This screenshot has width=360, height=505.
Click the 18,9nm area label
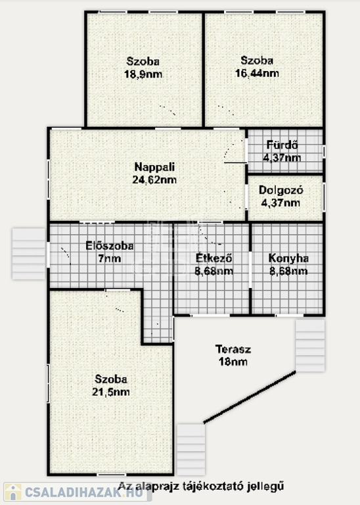coord(143,74)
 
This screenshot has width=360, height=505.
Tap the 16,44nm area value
coord(257,74)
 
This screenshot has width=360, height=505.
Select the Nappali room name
coord(154,167)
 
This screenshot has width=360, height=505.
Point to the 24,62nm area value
coord(154,180)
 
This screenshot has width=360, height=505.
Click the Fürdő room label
coord(282,145)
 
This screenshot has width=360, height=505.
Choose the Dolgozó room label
coord(281,190)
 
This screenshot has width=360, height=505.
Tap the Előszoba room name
coord(110,246)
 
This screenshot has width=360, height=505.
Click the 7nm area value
coord(110,258)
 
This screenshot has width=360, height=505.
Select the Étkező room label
coord(214,258)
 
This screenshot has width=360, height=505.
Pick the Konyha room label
coord(288,258)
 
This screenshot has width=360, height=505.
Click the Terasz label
coord(233,349)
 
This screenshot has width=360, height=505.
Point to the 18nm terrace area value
coord(233,362)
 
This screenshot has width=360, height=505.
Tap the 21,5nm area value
coord(110,392)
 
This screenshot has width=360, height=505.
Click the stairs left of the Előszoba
coord(29,254)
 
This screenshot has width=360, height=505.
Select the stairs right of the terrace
coord(310,345)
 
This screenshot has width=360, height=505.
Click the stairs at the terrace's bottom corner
coord(191,450)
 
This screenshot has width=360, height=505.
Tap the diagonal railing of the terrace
coord(250,397)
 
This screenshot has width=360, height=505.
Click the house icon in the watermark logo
coord(13,492)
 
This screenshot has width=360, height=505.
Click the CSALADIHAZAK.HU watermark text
coord(83,493)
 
